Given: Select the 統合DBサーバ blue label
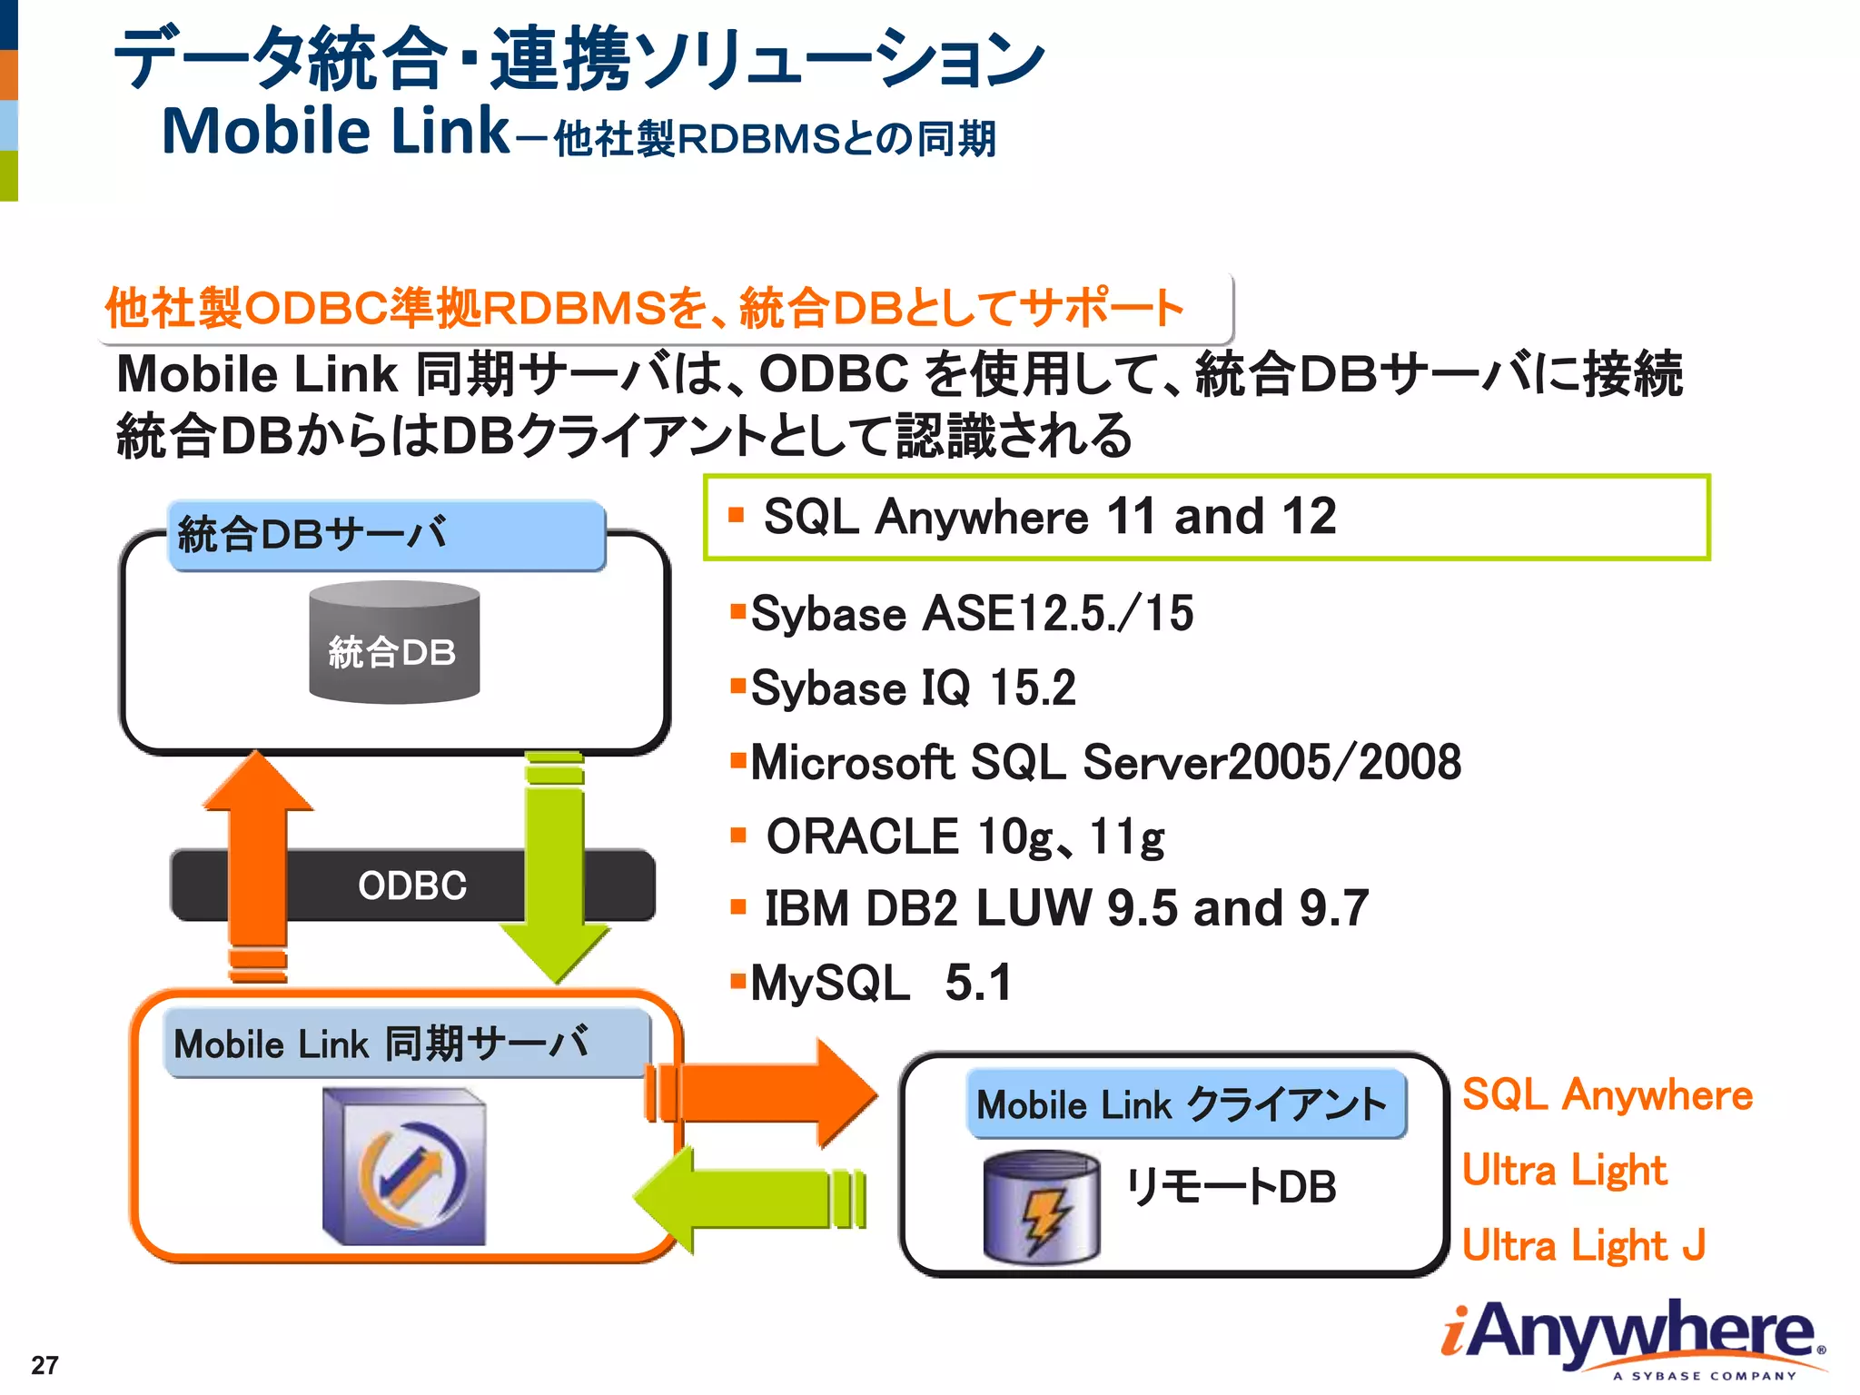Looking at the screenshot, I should pos(386,535).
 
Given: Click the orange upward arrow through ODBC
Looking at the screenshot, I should pos(258,863).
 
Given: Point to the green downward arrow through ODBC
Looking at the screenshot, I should pos(555,863).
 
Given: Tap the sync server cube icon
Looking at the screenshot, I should pos(405,1168).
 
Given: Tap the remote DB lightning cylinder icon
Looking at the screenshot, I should pos(1041,1208).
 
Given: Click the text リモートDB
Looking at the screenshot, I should pos(1231,1187).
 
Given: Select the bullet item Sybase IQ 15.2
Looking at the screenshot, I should pos(912,688).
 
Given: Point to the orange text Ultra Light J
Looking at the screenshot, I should pos(1584,1245).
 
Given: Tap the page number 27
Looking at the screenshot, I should pos(45,1365).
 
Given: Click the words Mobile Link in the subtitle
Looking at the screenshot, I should pos(336,132).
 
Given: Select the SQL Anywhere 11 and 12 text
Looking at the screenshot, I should pos(1049,517).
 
